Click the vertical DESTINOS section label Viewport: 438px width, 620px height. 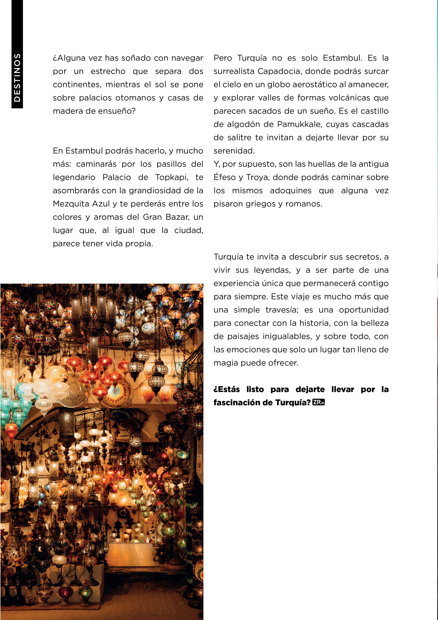[17, 77]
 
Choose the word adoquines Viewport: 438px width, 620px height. [291, 191]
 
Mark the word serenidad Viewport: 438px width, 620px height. [234, 151]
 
